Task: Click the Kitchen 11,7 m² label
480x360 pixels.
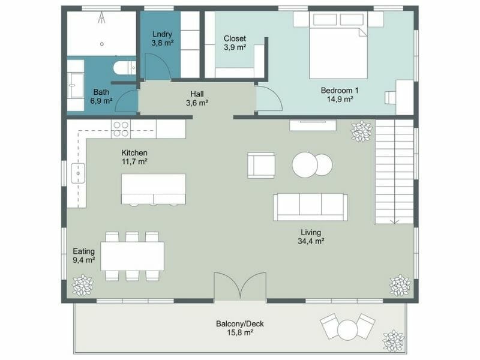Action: [134, 157]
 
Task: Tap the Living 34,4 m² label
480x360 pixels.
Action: [311, 237]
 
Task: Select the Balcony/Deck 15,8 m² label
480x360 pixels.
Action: [239, 328]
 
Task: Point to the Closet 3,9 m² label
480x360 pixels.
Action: [234, 43]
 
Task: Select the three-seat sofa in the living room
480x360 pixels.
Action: [310, 206]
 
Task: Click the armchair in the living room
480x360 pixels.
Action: [261, 165]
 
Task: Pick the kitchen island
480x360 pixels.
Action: [154, 188]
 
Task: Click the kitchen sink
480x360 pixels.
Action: [77, 173]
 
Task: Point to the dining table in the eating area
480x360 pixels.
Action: [132, 256]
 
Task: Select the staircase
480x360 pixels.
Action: [394, 171]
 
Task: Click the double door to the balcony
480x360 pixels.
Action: [240, 287]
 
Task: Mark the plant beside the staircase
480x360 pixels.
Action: [361, 131]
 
